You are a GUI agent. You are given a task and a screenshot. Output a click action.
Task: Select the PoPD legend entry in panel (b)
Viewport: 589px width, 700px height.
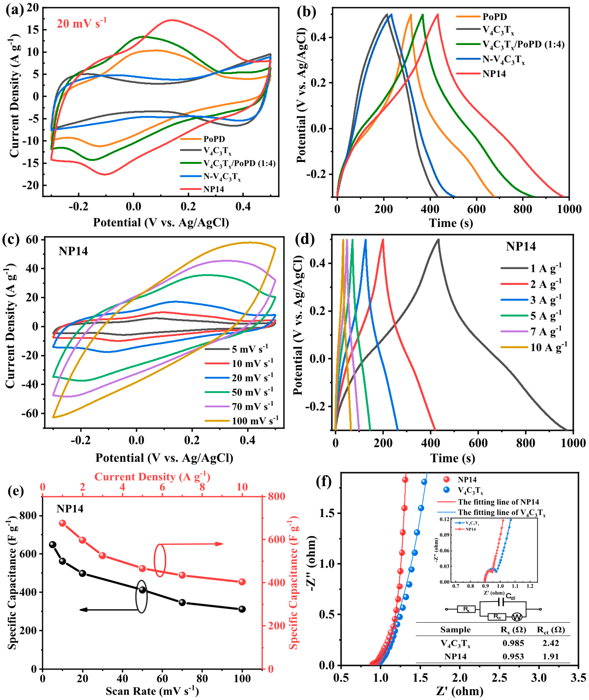pos(494,16)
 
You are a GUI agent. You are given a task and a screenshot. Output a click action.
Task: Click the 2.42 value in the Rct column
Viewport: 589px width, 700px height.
pos(551,643)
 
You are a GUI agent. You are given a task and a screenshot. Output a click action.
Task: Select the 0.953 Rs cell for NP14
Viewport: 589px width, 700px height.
pos(513,656)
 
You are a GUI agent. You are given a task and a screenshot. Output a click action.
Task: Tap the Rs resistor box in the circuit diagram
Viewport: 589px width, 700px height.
pos(466,609)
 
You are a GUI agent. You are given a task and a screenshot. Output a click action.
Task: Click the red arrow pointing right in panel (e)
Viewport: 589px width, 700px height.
pos(219,544)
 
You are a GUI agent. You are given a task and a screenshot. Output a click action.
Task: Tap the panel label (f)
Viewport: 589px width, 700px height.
pos(323,482)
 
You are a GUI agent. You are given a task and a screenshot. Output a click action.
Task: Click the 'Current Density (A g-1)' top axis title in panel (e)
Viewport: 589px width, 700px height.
pos(152,476)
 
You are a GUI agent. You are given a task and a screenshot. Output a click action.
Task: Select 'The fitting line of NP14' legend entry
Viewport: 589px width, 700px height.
pos(498,502)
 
